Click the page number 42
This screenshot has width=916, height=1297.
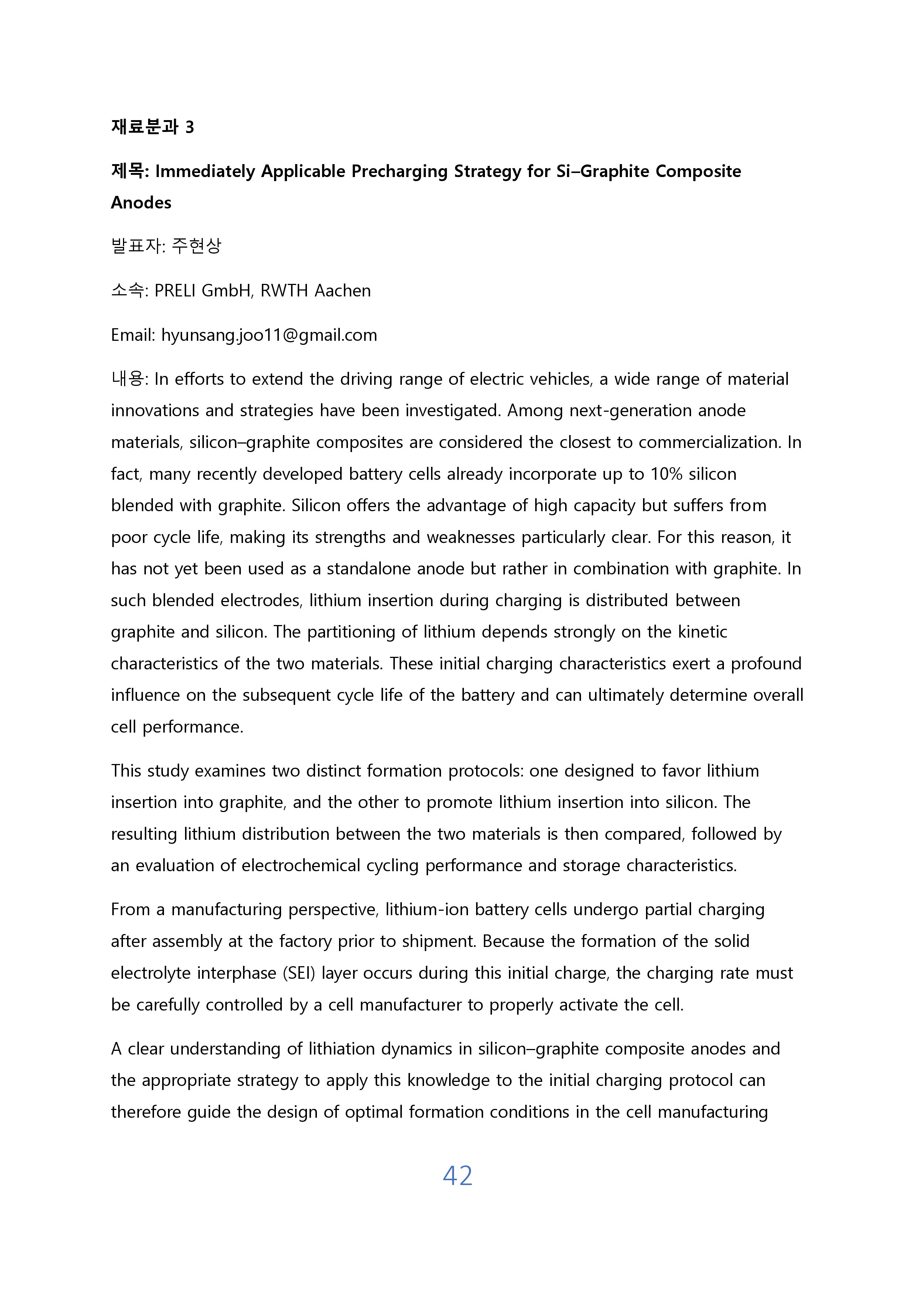coord(457,1175)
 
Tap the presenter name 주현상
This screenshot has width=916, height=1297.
coord(196,246)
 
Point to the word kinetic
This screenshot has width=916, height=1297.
coord(702,632)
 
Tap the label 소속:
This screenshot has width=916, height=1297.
coord(129,291)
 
